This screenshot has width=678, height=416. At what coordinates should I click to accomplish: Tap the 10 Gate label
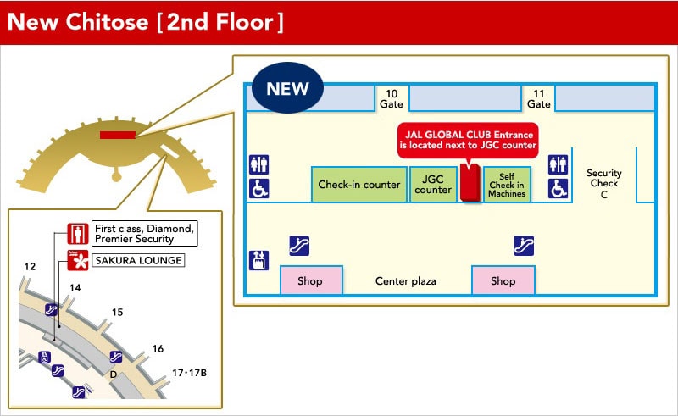click(391, 99)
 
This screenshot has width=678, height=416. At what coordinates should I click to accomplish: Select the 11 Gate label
click(538, 99)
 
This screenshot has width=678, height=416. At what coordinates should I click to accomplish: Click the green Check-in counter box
click(358, 185)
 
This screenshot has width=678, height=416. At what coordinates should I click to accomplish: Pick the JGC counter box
click(433, 185)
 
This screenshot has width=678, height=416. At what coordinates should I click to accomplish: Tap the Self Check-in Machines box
click(506, 185)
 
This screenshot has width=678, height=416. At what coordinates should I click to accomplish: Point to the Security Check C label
click(604, 184)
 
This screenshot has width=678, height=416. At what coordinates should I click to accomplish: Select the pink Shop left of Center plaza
click(310, 280)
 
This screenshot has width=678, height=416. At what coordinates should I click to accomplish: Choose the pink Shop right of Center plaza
click(503, 280)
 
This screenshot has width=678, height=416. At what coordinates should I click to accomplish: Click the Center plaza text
click(406, 281)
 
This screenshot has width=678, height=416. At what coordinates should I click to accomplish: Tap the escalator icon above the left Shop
click(298, 246)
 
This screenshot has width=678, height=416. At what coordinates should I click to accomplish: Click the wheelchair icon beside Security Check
click(558, 188)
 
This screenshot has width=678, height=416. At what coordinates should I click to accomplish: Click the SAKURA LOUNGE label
click(138, 260)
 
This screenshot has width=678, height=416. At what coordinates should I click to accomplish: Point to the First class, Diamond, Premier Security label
click(145, 233)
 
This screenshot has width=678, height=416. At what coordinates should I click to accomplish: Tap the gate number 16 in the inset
click(158, 348)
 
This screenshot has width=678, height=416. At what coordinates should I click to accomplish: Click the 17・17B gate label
click(189, 372)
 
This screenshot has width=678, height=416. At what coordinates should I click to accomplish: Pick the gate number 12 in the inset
click(30, 267)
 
